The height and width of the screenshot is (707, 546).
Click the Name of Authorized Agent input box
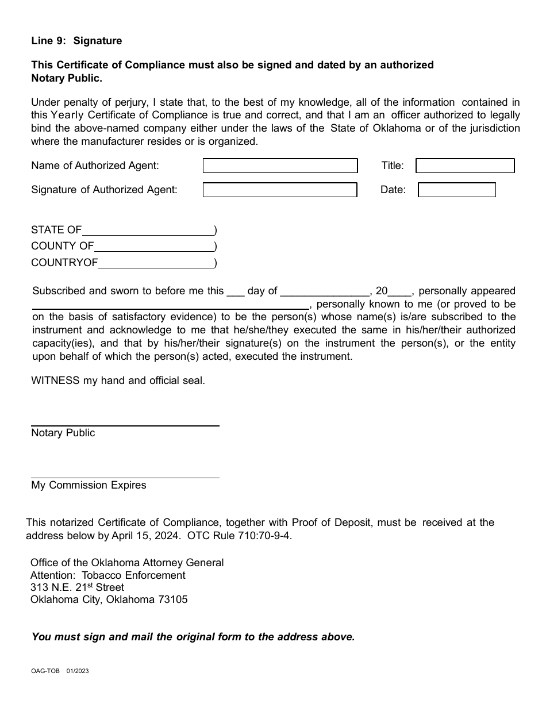(x=280, y=166)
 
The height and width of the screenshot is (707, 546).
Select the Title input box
(x=465, y=166)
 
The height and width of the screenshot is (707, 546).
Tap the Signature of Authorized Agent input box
(x=280, y=190)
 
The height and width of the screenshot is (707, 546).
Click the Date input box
(x=456, y=190)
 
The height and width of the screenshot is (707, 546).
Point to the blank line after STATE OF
(x=148, y=234)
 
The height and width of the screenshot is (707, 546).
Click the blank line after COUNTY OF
(x=153, y=250)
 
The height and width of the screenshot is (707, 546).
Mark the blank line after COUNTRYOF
(x=156, y=267)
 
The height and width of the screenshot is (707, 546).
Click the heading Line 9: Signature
(x=76, y=41)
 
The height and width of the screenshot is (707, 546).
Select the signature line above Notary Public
(x=125, y=425)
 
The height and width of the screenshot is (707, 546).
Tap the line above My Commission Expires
(x=125, y=477)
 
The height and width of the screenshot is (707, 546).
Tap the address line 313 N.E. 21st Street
(x=77, y=587)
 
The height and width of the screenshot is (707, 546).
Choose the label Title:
(x=393, y=166)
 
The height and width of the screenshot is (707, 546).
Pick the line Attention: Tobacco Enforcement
(x=107, y=575)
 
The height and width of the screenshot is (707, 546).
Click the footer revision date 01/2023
(x=78, y=671)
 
